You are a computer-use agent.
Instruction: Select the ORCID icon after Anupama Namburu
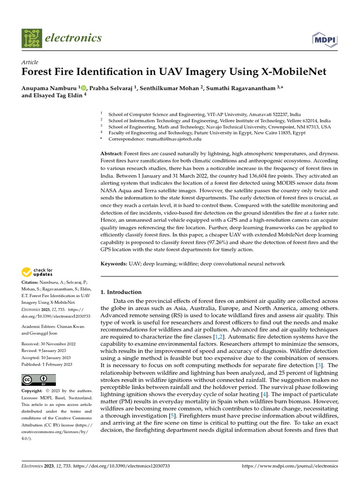[x=84, y=87]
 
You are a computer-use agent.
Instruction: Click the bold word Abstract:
[x=112, y=154]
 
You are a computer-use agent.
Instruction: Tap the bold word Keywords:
[x=114, y=264]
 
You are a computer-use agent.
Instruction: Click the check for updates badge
[x=37, y=271]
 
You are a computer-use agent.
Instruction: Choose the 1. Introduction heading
[x=121, y=292]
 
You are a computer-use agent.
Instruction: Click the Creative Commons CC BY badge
[x=38, y=380]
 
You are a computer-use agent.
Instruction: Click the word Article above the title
[x=30, y=62]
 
